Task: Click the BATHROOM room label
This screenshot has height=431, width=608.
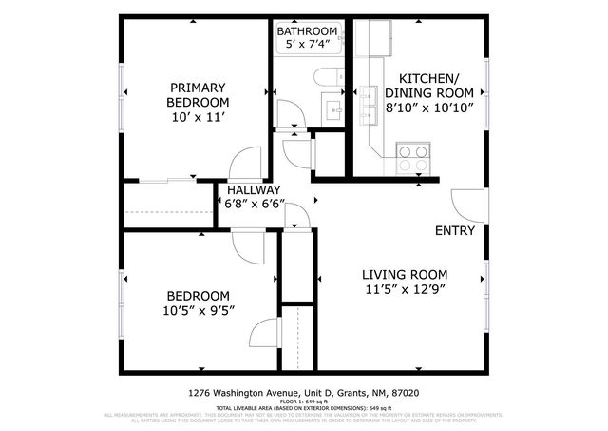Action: tap(306, 30)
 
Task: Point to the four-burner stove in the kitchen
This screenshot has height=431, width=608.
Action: tap(412, 157)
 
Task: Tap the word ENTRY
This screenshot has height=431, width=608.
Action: tap(455, 231)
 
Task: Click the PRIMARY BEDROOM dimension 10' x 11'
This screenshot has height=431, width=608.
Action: tap(198, 117)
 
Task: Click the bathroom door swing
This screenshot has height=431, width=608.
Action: tap(288, 114)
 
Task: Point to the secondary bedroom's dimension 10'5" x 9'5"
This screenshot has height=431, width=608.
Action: tap(199, 310)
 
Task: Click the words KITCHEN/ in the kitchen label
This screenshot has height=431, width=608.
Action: tap(429, 78)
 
